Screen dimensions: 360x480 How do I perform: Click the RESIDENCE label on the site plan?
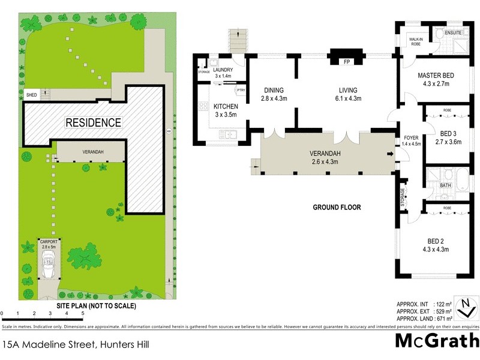click(93, 123)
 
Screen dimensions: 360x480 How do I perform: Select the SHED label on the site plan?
click(31, 95)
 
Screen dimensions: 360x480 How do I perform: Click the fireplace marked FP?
click(346, 62)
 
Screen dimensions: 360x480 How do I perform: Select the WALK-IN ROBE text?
click(416, 41)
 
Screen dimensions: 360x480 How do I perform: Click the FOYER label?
click(411, 137)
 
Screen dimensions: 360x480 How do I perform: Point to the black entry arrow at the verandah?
click(391, 154)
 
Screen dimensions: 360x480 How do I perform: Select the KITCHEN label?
click(226, 106)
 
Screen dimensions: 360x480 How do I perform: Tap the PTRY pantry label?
click(241, 90)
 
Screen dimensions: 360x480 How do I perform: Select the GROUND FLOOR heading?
click(337, 208)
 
